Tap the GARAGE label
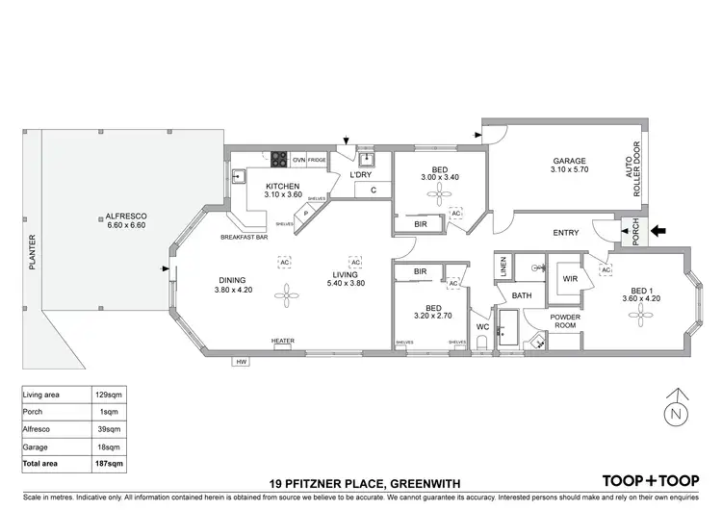[569, 161]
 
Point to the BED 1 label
[637, 293]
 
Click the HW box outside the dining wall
[241, 362]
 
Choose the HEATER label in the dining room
[282, 341]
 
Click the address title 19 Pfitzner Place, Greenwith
[361, 482]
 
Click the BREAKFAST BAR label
[244, 237]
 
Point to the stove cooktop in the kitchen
[280, 160]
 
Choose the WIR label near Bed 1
[570, 278]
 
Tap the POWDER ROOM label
[565, 321]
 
